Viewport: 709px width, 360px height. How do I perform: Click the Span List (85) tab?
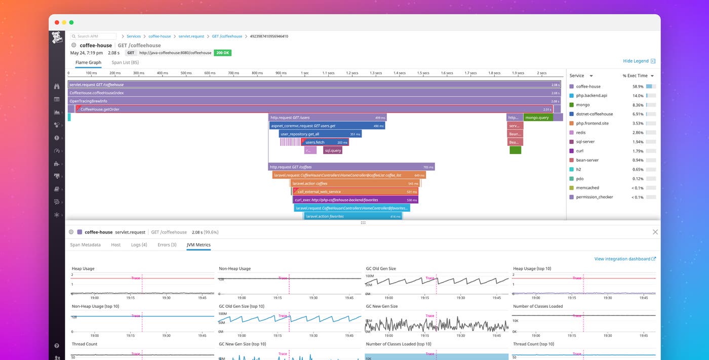tap(125, 62)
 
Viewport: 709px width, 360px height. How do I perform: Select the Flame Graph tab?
tap(88, 62)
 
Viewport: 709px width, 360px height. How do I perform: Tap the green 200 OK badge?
tap(222, 53)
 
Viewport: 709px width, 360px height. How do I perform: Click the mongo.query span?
tap(537, 117)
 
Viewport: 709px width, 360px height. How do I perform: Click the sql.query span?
tap(333, 150)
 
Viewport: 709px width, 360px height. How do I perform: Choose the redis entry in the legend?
tap(581, 133)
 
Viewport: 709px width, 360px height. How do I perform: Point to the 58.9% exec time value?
tap(638, 87)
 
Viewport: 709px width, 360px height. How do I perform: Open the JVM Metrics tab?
tap(199, 245)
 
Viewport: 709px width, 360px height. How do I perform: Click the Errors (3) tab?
tap(167, 245)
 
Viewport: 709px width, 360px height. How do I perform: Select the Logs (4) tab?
tap(139, 245)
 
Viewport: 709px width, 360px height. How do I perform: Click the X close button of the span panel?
tap(655, 232)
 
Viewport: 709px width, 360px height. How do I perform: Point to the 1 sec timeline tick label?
tap(304, 73)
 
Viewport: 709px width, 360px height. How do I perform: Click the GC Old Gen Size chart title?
tap(381, 268)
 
